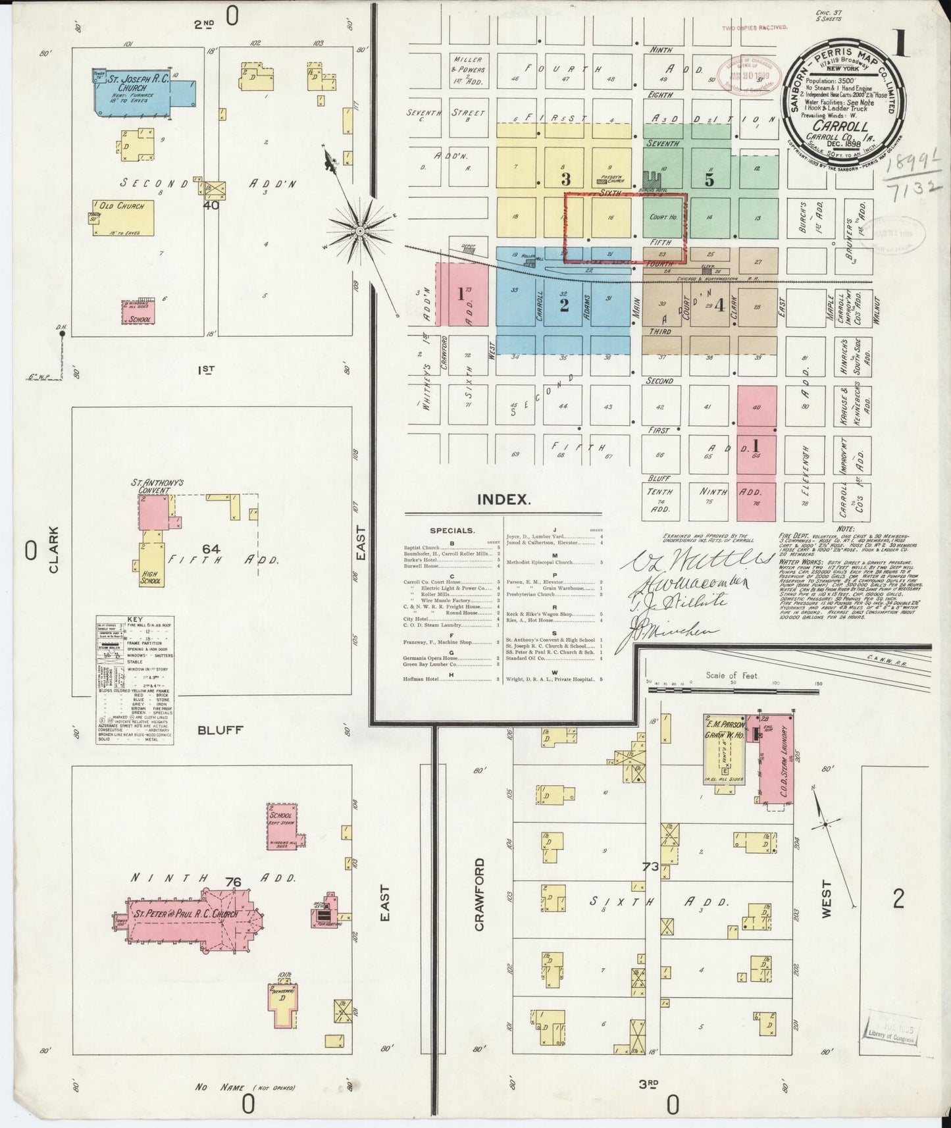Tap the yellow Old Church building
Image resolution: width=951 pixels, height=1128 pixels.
pyautogui.click(x=125, y=218)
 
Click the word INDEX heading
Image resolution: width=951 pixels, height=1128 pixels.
pyautogui.click(x=504, y=499)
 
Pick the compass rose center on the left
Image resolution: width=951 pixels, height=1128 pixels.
pyautogui.click(x=360, y=231)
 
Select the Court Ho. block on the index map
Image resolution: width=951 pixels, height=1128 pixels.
pyautogui.click(x=663, y=217)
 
